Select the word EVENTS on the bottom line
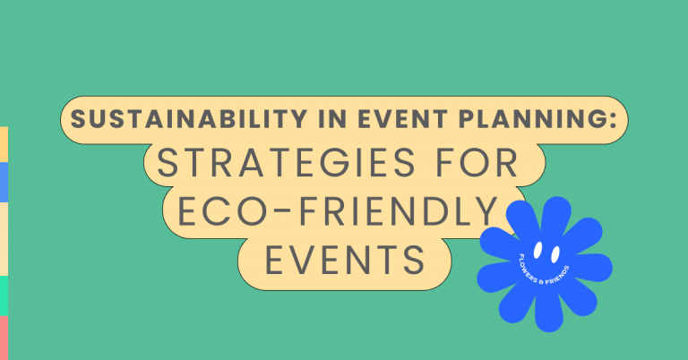(344, 260)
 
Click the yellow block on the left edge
(4, 144)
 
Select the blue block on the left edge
(4, 182)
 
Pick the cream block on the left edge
(4, 238)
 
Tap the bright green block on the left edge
(4, 296)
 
